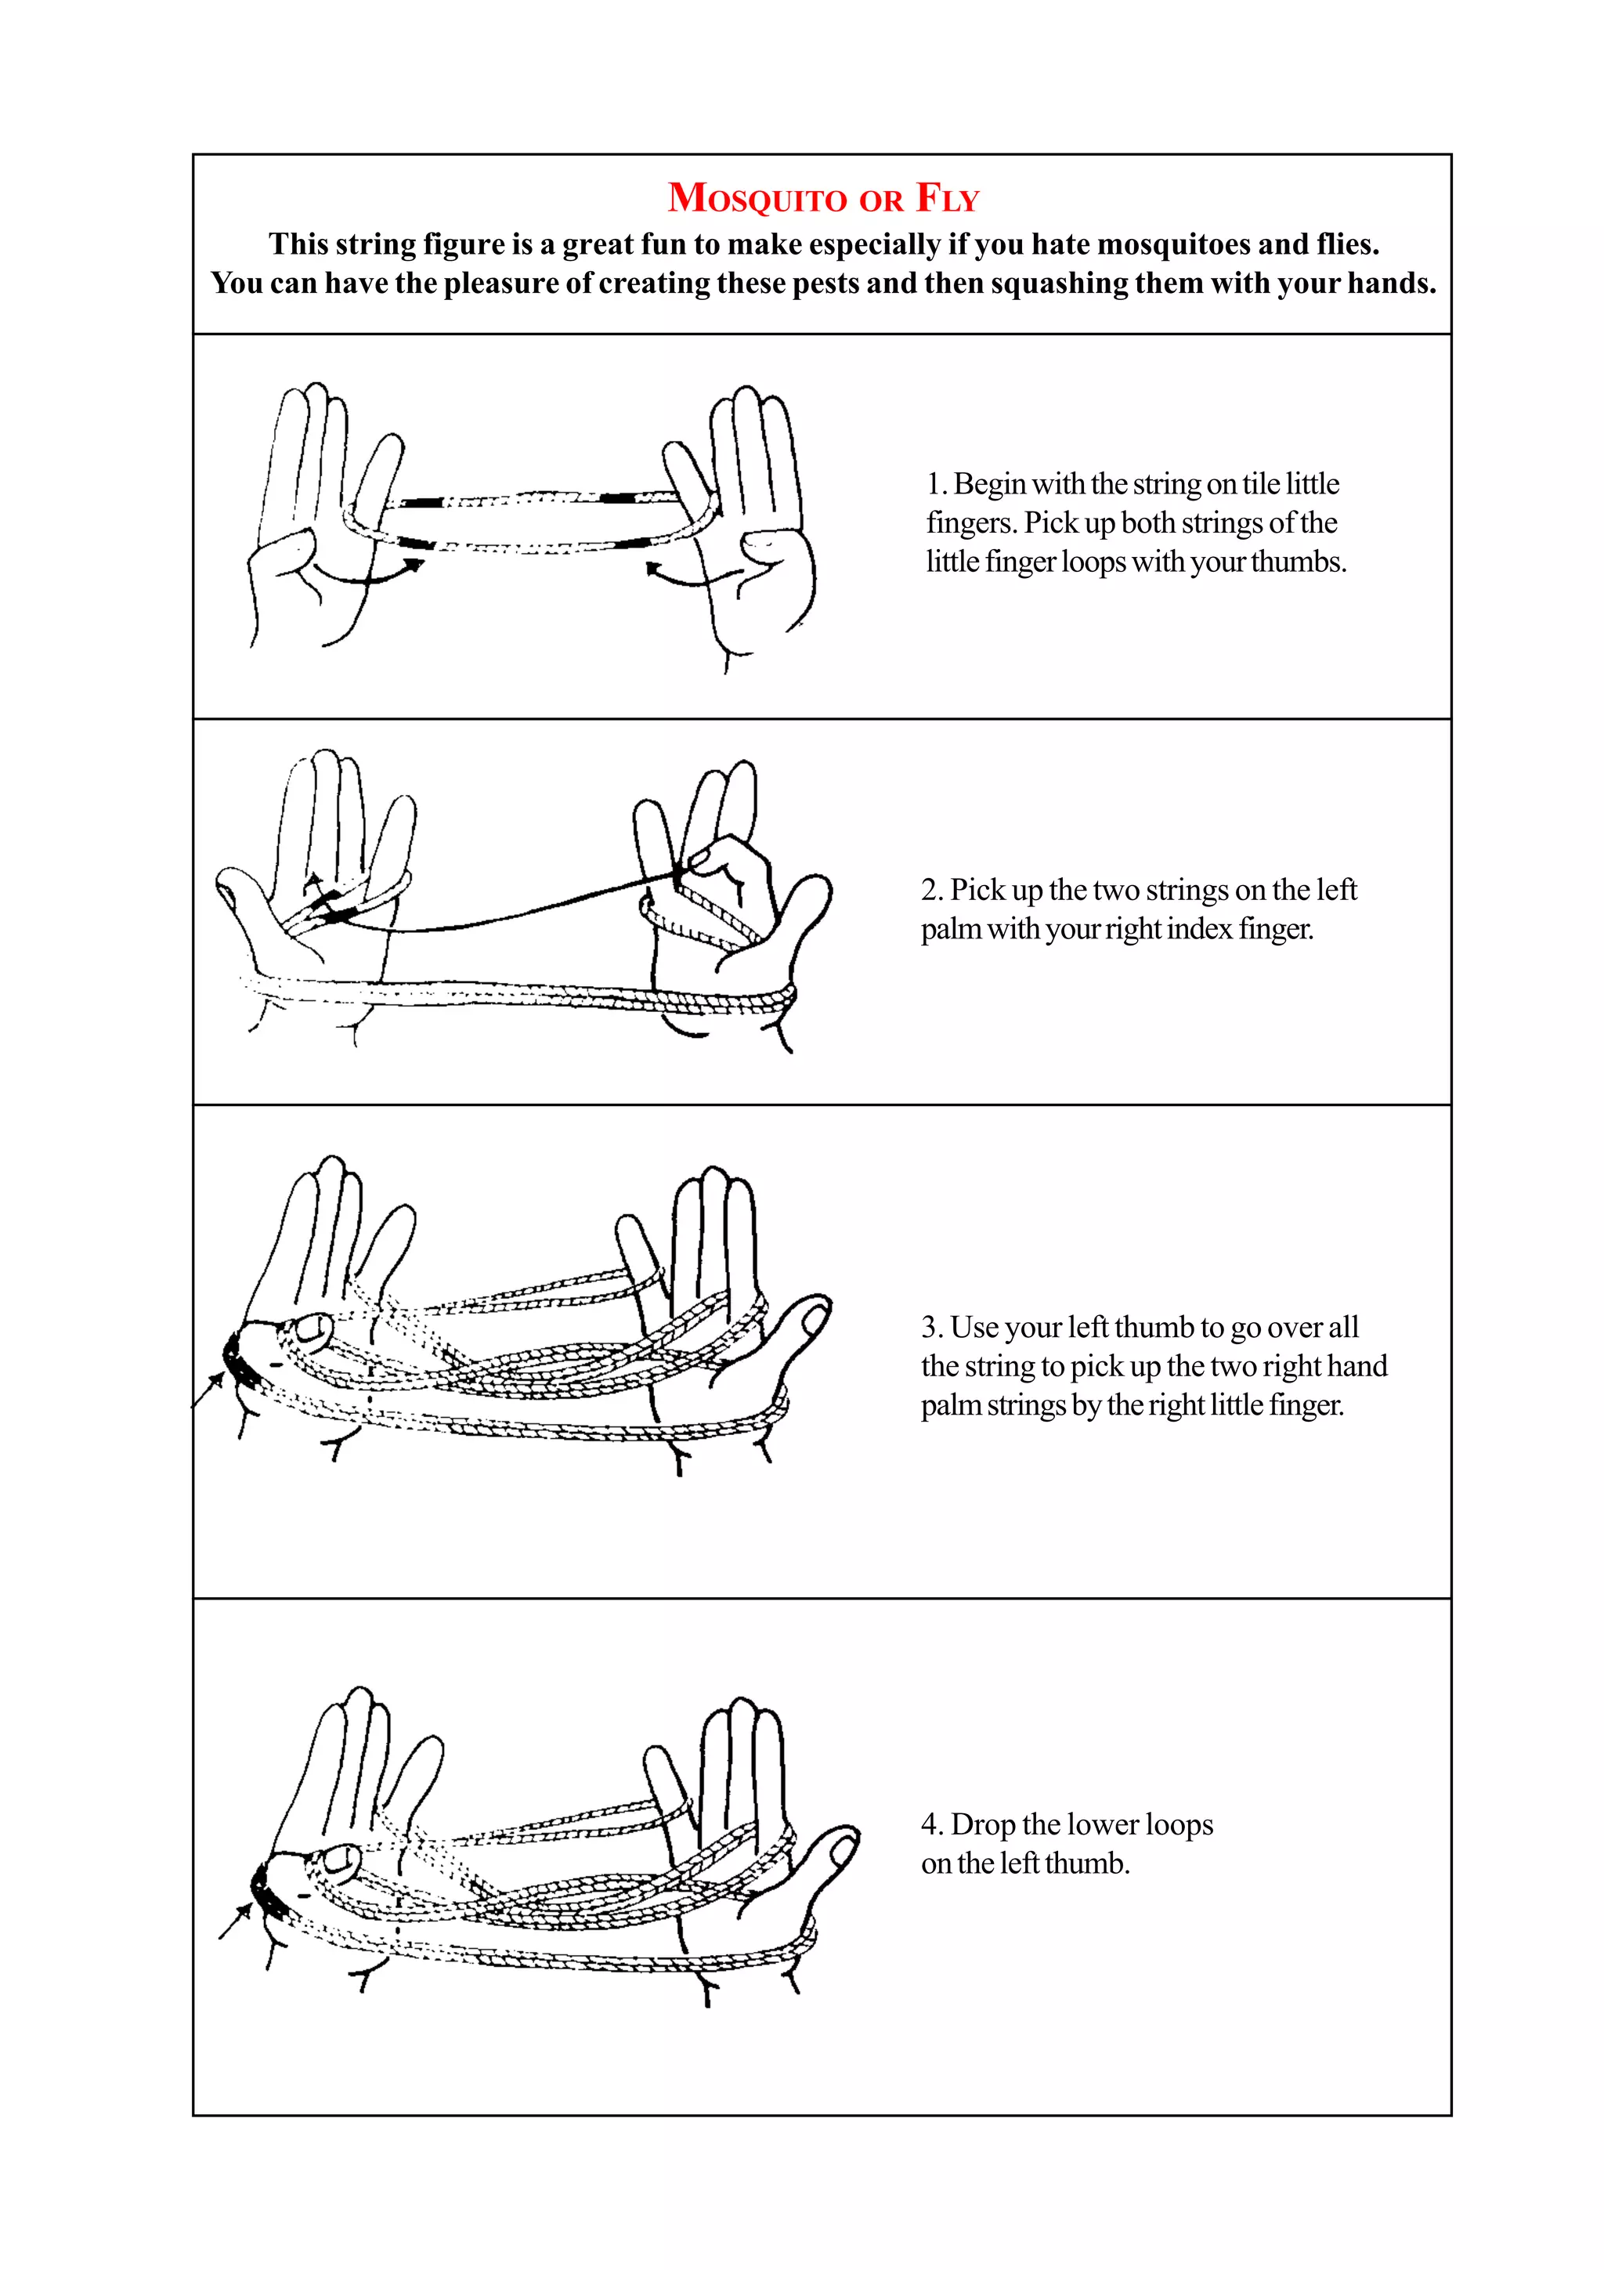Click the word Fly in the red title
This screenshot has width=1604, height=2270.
[947, 199]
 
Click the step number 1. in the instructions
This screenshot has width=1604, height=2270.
[936, 484]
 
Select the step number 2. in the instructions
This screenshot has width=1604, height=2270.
[932, 891]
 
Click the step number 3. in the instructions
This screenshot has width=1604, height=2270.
[932, 1327]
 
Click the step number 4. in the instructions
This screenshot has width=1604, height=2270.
[932, 1824]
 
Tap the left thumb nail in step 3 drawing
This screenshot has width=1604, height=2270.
[313, 1330]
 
